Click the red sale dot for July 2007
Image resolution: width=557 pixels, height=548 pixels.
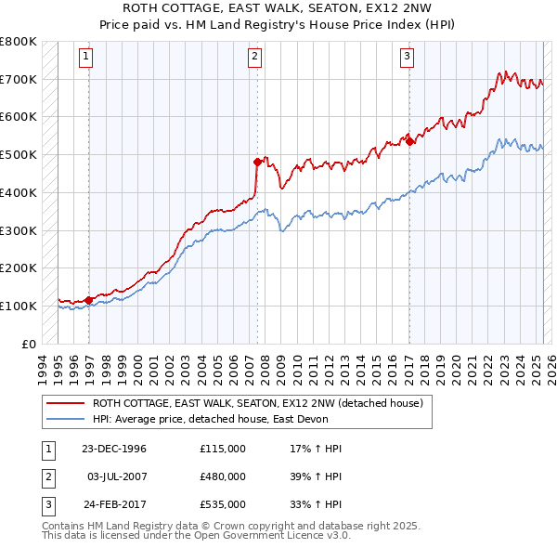(258, 161)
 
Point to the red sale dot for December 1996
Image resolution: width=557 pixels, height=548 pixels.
(89, 299)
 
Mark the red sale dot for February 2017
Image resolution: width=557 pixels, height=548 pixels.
(409, 140)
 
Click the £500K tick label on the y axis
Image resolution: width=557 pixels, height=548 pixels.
(19, 154)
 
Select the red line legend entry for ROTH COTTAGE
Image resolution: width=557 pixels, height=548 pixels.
(257, 403)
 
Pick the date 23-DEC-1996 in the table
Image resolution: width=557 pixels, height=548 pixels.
(114, 449)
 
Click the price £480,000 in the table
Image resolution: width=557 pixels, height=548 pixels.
(223, 476)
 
